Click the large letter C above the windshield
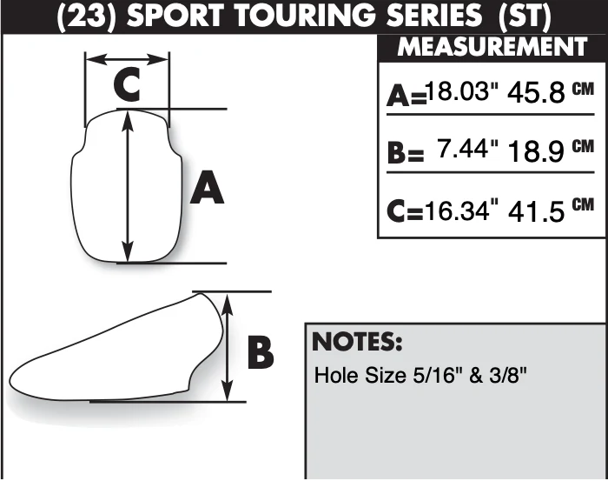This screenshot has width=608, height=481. point(127,84)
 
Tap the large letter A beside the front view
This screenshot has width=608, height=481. point(207,188)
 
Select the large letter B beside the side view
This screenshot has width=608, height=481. point(261,353)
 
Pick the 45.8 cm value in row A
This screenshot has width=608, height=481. point(551,92)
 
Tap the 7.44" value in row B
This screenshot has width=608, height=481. point(467,148)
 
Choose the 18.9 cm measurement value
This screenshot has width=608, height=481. point(551,150)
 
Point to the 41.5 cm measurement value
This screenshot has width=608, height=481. point(551,210)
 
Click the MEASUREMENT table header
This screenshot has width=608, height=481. point(492,47)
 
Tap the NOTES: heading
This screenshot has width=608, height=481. point(357,342)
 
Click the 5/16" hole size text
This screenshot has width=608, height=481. point(433,375)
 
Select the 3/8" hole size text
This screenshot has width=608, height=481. point(507,375)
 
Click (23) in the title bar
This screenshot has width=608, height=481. point(87,17)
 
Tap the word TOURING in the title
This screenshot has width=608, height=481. point(306,17)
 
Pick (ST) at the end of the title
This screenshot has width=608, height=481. point(525,17)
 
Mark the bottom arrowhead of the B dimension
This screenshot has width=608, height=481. point(228,391)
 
